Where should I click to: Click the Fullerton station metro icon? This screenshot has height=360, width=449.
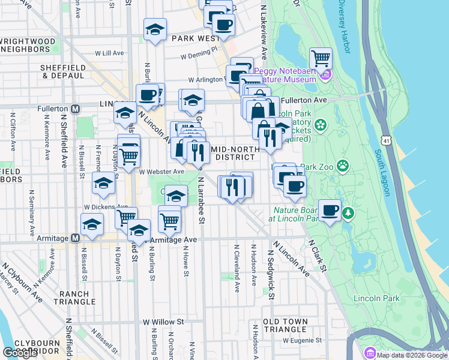pos(76,109)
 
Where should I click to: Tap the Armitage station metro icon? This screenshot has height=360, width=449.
pos(75,238)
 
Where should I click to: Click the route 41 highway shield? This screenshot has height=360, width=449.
pos(385,140)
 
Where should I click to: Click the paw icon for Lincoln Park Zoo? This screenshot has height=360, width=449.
pos(343,165)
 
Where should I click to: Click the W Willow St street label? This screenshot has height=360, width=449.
pos(162,322)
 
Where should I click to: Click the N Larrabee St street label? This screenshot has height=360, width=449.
pos(202,204)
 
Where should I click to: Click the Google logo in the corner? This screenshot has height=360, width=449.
pos(20,353)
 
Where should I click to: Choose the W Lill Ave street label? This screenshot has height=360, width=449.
pos(107,53)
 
